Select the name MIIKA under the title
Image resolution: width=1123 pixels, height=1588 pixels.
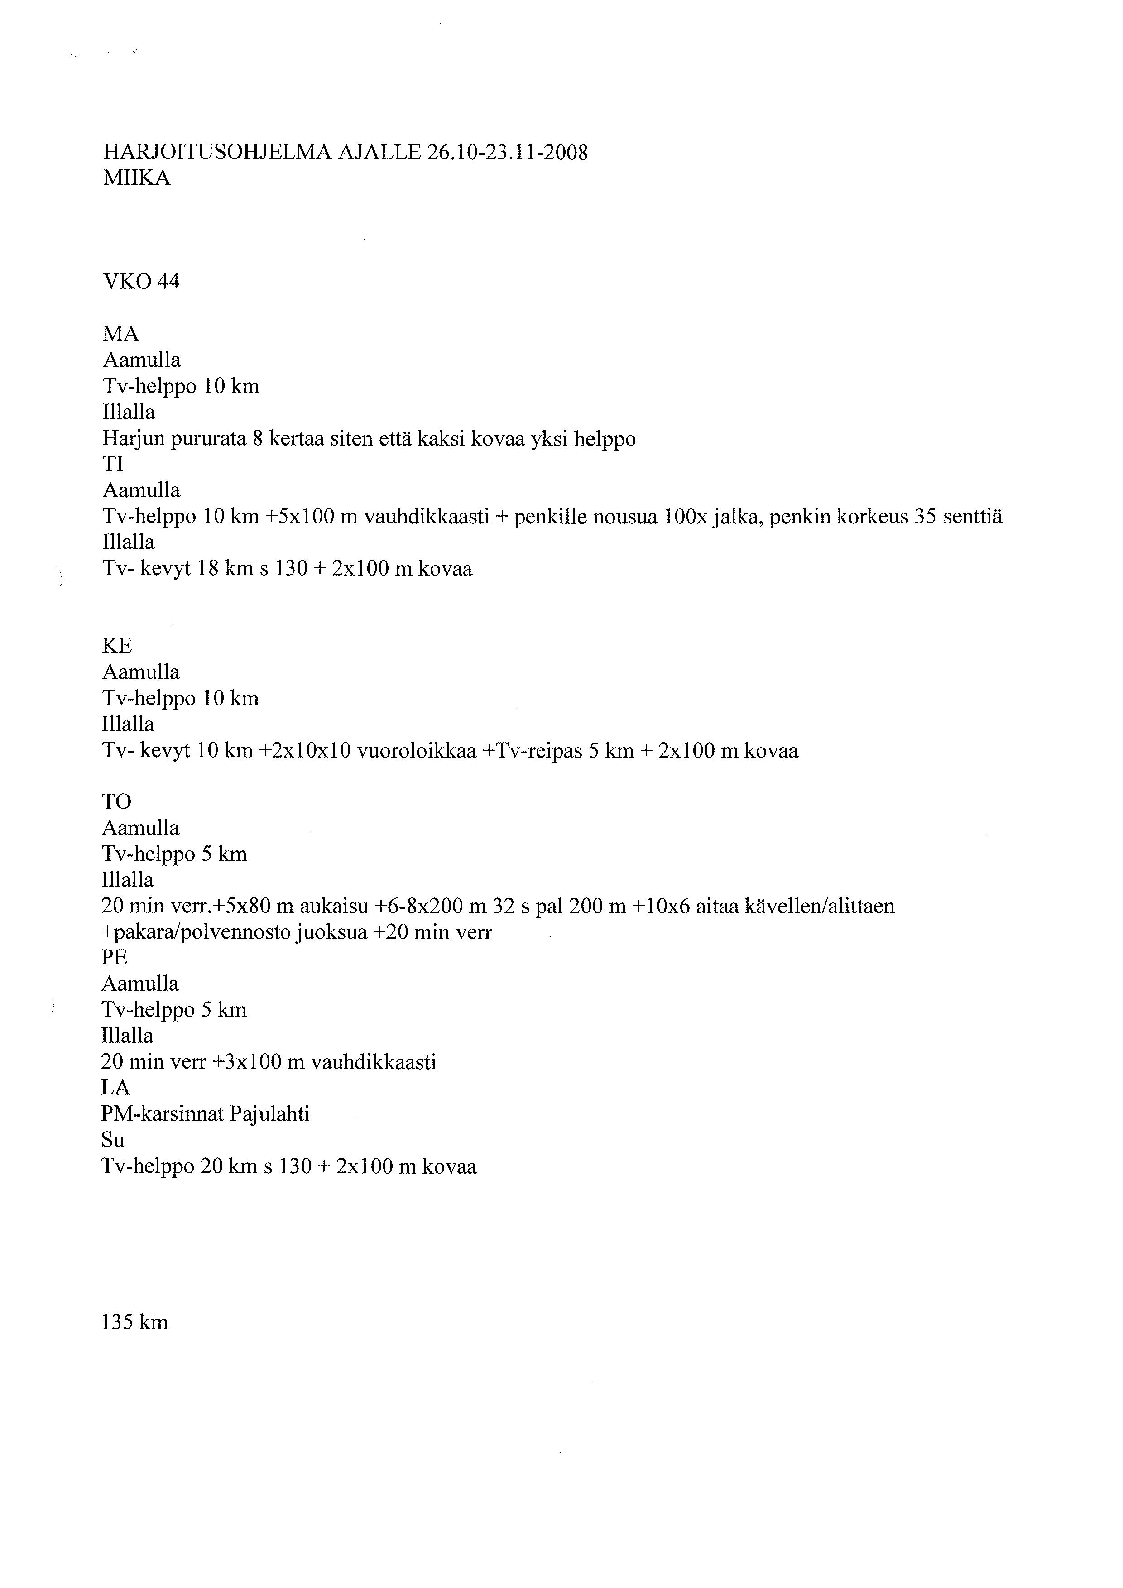tap(136, 178)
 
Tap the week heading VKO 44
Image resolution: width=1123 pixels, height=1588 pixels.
tap(141, 282)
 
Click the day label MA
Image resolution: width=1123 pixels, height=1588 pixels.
tap(121, 334)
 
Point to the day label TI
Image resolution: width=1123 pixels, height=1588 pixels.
tap(113, 464)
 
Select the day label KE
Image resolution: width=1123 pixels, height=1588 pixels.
tap(117, 646)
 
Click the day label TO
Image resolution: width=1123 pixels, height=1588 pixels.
tap(116, 801)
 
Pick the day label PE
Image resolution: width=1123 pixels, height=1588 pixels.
tap(115, 957)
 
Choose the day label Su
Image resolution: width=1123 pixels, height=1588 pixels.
tap(113, 1139)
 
